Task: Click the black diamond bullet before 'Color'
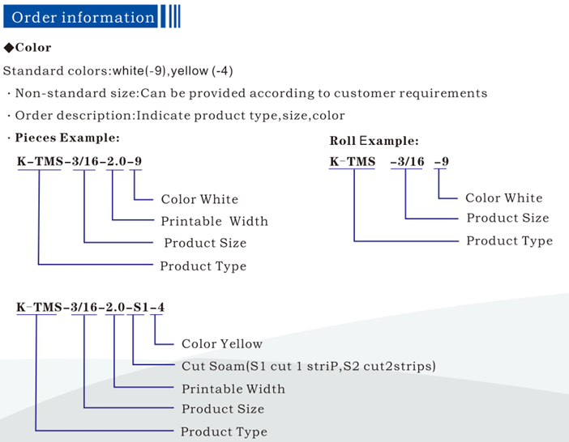pyautogui.click(x=8, y=48)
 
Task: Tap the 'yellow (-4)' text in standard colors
pyautogui.click(x=202, y=70)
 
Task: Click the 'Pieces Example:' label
pyautogui.click(x=67, y=138)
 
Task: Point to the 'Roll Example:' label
pyautogui.click(x=374, y=141)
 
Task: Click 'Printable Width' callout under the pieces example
pyautogui.click(x=215, y=221)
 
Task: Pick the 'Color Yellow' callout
pyautogui.click(x=222, y=343)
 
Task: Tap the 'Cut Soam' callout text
pyautogui.click(x=213, y=366)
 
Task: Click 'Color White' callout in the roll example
pyautogui.click(x=504, y=198)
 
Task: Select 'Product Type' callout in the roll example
pyautogui.click(x=510, y=240)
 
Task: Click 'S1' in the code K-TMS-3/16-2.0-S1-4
pyautogui.click(x=141, y=308)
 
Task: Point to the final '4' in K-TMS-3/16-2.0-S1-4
pyautogui.click(x=160, y=308)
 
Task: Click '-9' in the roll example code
pyautogui.click(x=441, y=161)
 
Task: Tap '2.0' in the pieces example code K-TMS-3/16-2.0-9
pyautogui.click(x=117, y=161)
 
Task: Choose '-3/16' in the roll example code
pyautogui.click(x=407, y=161)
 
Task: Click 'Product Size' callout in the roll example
pyautogui.click(x=507, y=218)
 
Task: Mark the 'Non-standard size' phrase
pyautogui.click(x=75, y=93)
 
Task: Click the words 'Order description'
pyautogui.click(x=75, y=116)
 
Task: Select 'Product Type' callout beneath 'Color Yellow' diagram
pyautogui.click(x=224, y=431)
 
